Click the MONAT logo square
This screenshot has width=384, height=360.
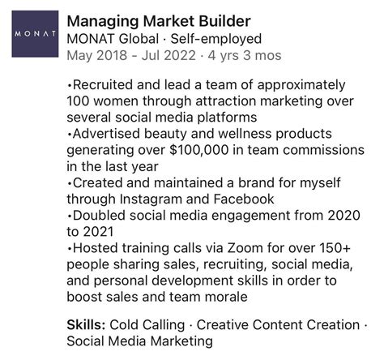(x=35, y=34)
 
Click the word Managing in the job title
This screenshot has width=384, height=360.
(x=100, y=20)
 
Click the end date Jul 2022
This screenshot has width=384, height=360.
(x=168, y=56)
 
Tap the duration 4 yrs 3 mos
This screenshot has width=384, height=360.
(x=235, y=56)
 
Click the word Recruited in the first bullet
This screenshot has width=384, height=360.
(x=101, y=85)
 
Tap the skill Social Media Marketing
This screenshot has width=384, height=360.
(x=139, y=341)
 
